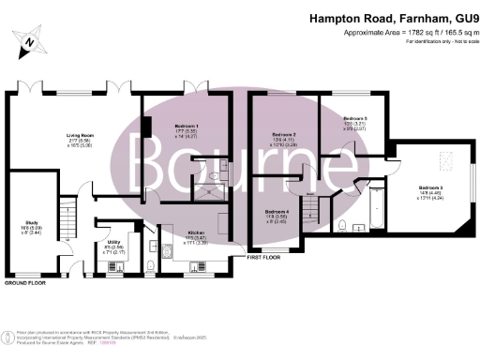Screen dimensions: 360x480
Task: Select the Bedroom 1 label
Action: [172, 125]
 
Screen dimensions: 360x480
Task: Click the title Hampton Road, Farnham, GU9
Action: [394, 20]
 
